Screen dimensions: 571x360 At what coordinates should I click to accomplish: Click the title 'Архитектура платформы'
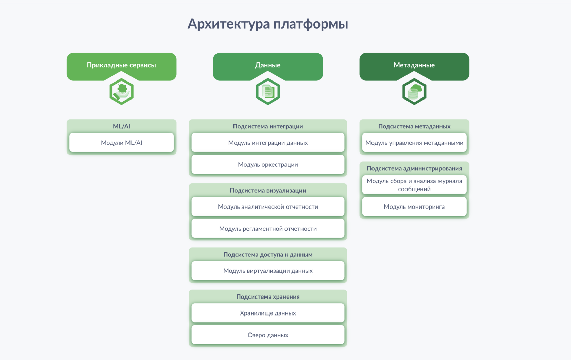pos(268,24)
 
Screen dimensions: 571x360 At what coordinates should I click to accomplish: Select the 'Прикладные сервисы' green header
pos(121,65)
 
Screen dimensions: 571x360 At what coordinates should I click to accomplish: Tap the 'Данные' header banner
pos(268,65)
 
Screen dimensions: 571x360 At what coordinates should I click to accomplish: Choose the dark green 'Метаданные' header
pos(414,65)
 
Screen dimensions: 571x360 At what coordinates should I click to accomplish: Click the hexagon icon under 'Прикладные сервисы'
pos(121,91)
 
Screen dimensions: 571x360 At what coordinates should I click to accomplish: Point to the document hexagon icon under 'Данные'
pos(268,91)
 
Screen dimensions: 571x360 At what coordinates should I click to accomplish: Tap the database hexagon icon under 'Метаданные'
pos(414,91)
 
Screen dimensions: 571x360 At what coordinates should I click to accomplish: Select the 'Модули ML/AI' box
pos(121,143)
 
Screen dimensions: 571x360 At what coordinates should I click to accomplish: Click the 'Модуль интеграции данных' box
pos(268,143)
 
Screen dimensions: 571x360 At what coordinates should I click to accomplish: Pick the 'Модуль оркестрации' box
pos(268,165)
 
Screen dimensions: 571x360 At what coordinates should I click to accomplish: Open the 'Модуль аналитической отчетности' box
pos(268,207)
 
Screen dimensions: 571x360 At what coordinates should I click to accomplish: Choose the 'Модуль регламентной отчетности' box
pos(268,229)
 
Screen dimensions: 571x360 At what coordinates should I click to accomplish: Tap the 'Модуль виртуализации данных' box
pos(268,271)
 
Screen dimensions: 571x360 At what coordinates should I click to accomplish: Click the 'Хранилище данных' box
pos(268,313)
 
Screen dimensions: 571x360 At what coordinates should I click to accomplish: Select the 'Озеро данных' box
pos(268,335)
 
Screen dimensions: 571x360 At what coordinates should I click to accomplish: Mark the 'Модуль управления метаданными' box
pos(414,143)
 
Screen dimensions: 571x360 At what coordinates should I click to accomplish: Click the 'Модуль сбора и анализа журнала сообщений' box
pos(414,185)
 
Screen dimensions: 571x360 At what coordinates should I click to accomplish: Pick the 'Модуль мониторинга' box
pos(414,207)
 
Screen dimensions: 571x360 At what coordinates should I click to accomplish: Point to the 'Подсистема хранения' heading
pos(268,296)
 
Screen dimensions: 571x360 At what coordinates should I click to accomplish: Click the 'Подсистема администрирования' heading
pos(414,168)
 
